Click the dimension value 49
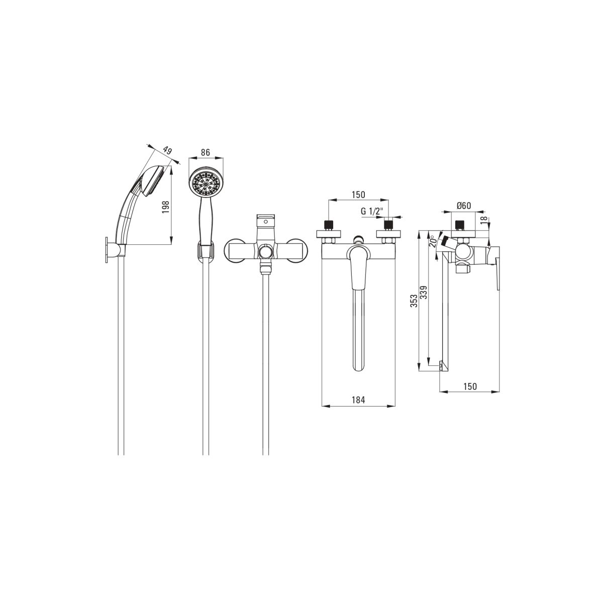click(x=168, y=151)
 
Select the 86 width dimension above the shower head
click(x=206, y=153)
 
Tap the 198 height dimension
click(x=166, y=207)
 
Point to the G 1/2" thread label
click(x=372, y=211)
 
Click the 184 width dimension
click(x=358, y=399)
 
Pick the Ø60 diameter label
click(x=464, y=206)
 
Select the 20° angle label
click(x=433, y=241)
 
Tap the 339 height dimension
click(x=424, y=292)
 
